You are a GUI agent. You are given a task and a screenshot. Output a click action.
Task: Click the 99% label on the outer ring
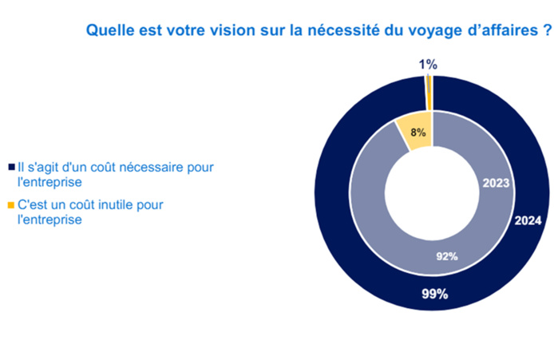pos(434,294)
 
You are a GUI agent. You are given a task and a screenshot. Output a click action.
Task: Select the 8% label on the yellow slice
pos(417,133)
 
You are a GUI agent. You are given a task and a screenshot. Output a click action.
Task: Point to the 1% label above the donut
pos(429,65)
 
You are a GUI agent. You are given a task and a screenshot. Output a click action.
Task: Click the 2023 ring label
pos(496,183)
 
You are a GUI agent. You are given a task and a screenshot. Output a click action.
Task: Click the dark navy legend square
pos(10,168)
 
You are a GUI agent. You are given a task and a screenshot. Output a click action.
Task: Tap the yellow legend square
pos(10,206)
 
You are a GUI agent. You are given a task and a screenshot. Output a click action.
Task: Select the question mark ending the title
pos(547,33)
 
